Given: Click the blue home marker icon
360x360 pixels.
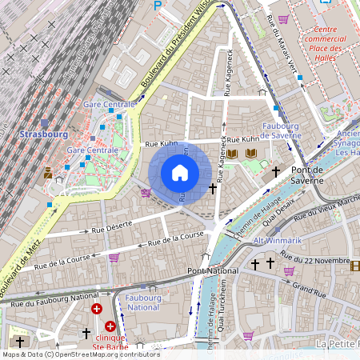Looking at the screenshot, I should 180,173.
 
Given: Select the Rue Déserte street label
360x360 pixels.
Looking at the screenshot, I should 111,229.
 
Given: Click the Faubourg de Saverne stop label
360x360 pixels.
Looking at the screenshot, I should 279,131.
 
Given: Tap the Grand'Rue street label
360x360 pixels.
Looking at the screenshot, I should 306,286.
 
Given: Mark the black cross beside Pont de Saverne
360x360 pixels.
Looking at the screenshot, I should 276,171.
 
